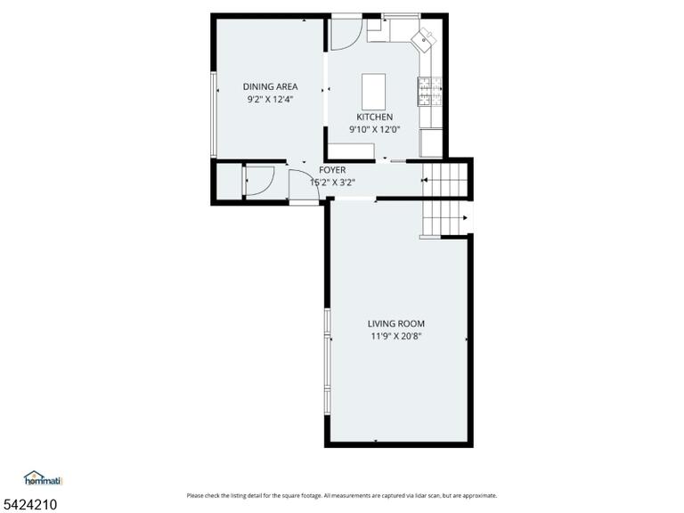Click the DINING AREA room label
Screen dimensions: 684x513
(x=270, y=86)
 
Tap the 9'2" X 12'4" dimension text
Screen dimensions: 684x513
(x=270, y=99)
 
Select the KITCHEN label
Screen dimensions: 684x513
(x=374, y=117)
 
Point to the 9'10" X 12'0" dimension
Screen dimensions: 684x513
(x=374, y=129)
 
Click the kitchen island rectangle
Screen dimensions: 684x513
(x=373, y=92)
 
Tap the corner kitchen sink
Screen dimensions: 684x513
(x=424, y=40)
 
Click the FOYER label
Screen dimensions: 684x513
(x=332, y=170)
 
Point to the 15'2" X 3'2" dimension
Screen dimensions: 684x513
(x=332, y=183)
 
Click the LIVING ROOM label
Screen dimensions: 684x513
(x=395, y=323)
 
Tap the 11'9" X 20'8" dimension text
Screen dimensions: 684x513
(x=395, y=336)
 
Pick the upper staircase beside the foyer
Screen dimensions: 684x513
(x=444, y=180)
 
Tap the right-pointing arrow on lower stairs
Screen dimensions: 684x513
(x=466, y=217)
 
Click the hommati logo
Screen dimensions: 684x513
(x=44, y=478)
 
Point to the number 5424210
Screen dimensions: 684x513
(x=28, y=505)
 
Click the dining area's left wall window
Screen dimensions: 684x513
(x=214, y=115)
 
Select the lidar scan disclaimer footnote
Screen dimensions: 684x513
(x=342, y=495)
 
